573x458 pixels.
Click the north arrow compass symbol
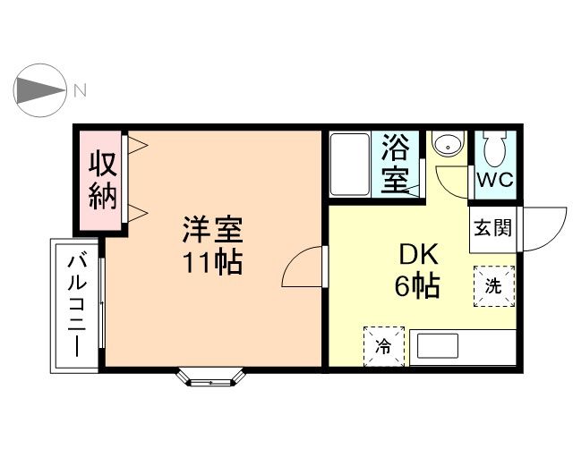[x=40, y=89]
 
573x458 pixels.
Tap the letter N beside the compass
[x=80, y=89]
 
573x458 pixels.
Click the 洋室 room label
[x=212, y=231]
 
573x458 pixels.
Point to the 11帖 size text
[x=212, y=263]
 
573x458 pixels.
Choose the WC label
[x=494, y=179]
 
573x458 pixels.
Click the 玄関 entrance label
[x=493, y=228]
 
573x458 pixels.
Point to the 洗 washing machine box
[x=494, y=286]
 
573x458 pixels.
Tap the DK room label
[x=417, y=255]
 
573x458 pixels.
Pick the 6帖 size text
[x=417, y=286]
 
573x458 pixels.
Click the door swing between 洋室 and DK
[x=303, y=267]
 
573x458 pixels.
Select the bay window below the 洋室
[x=213, y=377]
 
